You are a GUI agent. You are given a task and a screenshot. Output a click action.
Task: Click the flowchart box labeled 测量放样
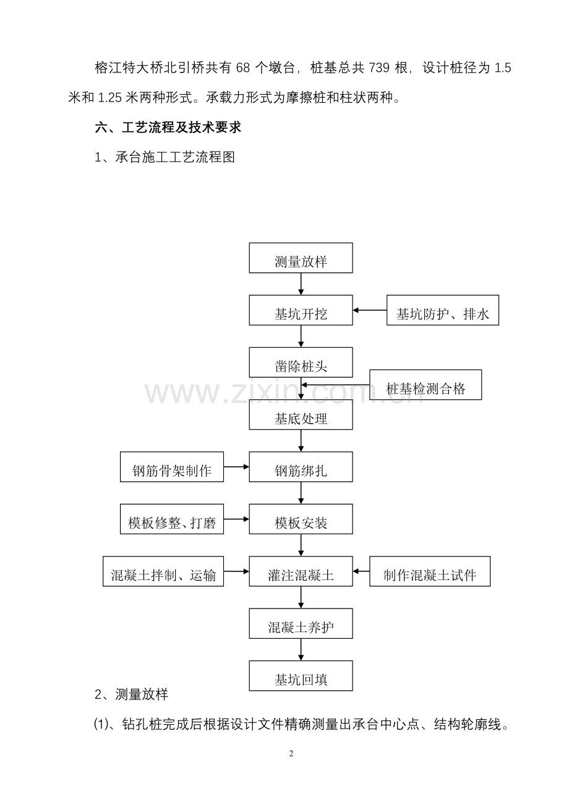click(x=301, y=258)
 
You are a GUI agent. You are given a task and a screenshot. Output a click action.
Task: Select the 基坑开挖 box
click(x=301, y=310)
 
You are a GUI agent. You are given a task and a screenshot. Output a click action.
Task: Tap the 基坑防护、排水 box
click(x=442, y=310)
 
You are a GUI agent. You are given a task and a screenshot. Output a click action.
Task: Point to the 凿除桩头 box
click(x=301, y=362)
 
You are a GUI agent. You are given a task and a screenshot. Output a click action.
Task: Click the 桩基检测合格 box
click(x=426, y=385)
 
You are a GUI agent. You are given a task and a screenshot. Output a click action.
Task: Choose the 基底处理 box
click(x=301, y=414)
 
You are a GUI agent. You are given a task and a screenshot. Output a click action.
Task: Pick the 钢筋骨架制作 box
click(x=172, y=467)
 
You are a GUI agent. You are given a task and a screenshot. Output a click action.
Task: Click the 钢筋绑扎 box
click(x=301, y=467)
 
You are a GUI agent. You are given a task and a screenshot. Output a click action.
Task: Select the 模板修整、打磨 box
click(x=172, y=519)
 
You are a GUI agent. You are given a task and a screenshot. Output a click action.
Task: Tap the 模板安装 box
click(x=301, y=519)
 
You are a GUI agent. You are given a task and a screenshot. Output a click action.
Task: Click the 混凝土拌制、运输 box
click(x=163, y=571)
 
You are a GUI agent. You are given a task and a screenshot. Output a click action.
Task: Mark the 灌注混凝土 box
click(x=301, y=571)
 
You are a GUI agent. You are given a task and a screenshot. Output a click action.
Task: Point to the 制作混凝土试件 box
click(x=430, y=571)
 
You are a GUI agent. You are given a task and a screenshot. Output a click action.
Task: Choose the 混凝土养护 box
click(x=301, y=623)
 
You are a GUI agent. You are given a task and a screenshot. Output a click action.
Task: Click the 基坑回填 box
click(x=301, y=675)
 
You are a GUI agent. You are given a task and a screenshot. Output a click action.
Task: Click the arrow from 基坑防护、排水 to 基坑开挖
click(x=370, y=310)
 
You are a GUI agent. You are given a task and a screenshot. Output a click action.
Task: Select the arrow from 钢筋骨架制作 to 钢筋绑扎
click(x=236, y=467)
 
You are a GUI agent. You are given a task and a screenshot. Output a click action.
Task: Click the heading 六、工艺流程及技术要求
click(x=167, y=128)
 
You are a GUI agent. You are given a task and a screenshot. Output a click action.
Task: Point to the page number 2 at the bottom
click(x=291, y=754)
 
